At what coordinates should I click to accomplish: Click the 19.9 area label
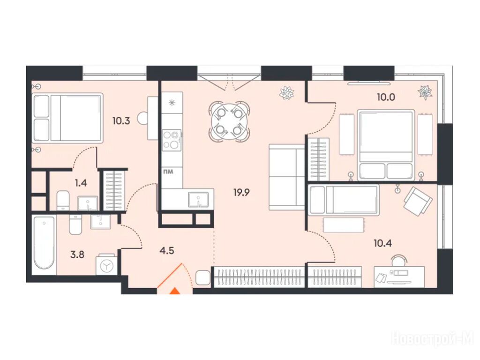(241, 193)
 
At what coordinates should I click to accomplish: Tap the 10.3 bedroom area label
(121, 121)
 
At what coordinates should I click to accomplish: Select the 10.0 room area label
(386, 97)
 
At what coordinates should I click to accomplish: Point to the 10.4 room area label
(382, 243)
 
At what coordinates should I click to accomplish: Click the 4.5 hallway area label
(167, 251)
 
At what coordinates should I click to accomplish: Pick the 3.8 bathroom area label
(77, 255)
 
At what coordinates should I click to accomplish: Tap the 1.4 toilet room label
(81, 183)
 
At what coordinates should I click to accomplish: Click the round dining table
(229, 122)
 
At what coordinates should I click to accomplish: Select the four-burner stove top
(172, 140)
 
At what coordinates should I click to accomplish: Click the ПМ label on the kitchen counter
(168, 172)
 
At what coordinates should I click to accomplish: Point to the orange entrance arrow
(175, 291)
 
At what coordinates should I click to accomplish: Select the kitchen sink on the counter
(198, 199)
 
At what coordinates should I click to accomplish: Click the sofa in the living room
(287, 177)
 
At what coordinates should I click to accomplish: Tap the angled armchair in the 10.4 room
(418, 200)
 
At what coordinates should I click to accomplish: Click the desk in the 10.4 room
(399, 277)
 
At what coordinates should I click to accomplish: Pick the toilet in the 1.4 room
(63, 200)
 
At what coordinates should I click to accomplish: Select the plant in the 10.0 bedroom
(425, 92)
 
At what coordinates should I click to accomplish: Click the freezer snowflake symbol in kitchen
(172, 103)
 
